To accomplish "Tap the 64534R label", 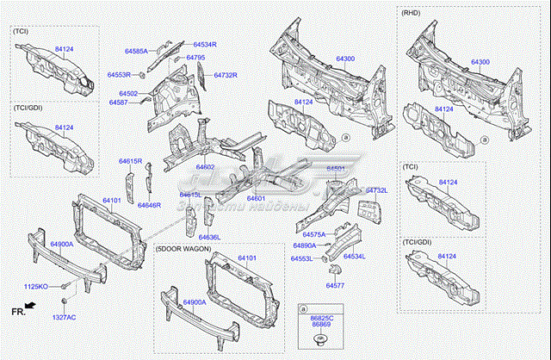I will coord(204,43).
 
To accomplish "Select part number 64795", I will coord(195,58).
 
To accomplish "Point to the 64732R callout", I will coord(226,75).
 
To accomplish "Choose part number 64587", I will coord(118,102).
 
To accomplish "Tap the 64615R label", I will coord(130,161).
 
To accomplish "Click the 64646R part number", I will coord(149,205).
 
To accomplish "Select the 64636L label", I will coord(210,237).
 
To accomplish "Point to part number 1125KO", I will coord(35,285).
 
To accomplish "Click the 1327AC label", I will coord(64,317).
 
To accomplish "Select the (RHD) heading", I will coord(412,14).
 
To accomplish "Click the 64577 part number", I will coord(335,285).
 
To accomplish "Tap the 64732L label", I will coord(377,189).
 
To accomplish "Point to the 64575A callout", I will coord(314,233).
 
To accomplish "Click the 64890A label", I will coord(306,246).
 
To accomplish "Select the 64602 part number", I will coord(205,166).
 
